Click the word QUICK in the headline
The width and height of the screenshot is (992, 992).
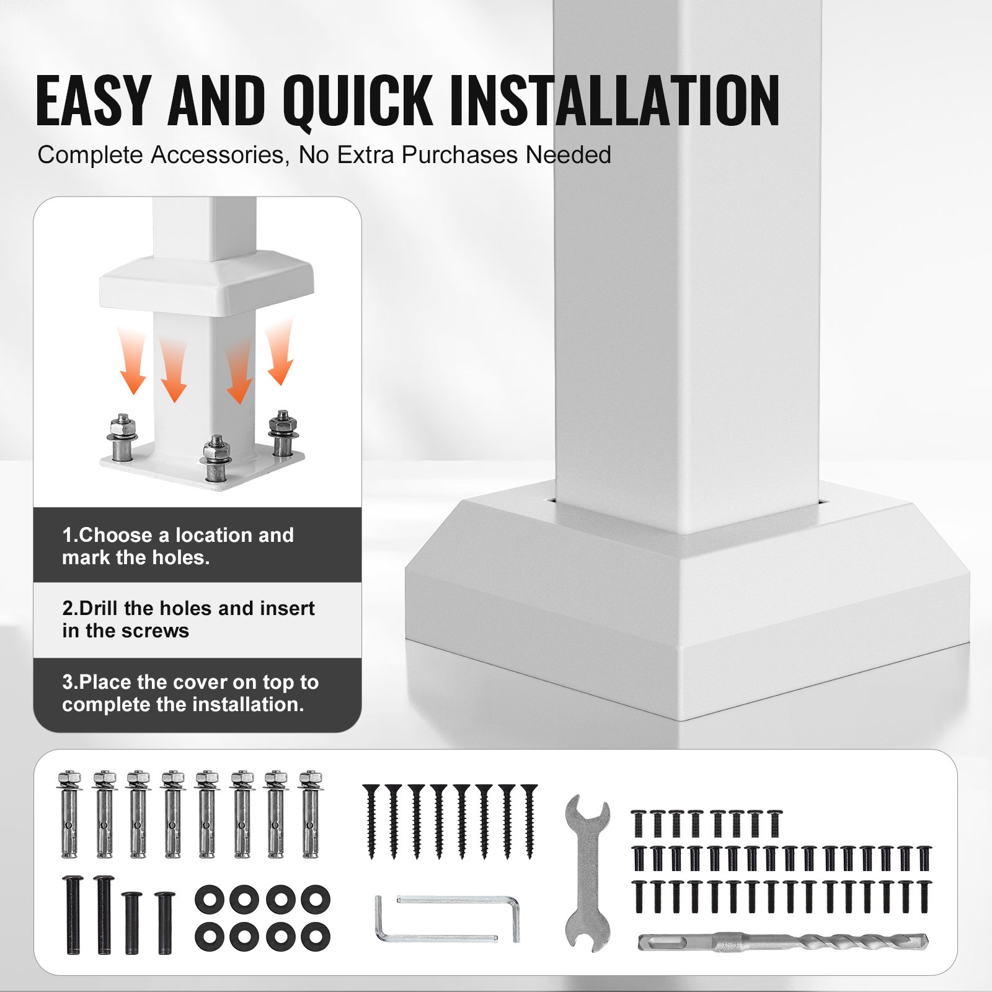(x=358, y=100)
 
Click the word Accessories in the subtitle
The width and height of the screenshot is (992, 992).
(x=220, y=155)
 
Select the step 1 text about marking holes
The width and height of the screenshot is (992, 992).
(x=178, y=546)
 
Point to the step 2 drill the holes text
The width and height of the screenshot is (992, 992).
(x=188, y=619)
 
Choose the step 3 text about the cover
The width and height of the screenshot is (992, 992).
(x=190, y=693)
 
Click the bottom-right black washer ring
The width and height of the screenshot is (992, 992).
(x=316, y=936)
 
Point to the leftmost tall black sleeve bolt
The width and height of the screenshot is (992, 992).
(x=73, y=914)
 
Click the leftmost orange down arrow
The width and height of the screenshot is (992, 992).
(x=133, y=362)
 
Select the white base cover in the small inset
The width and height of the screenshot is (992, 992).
(x=206, y=282)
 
